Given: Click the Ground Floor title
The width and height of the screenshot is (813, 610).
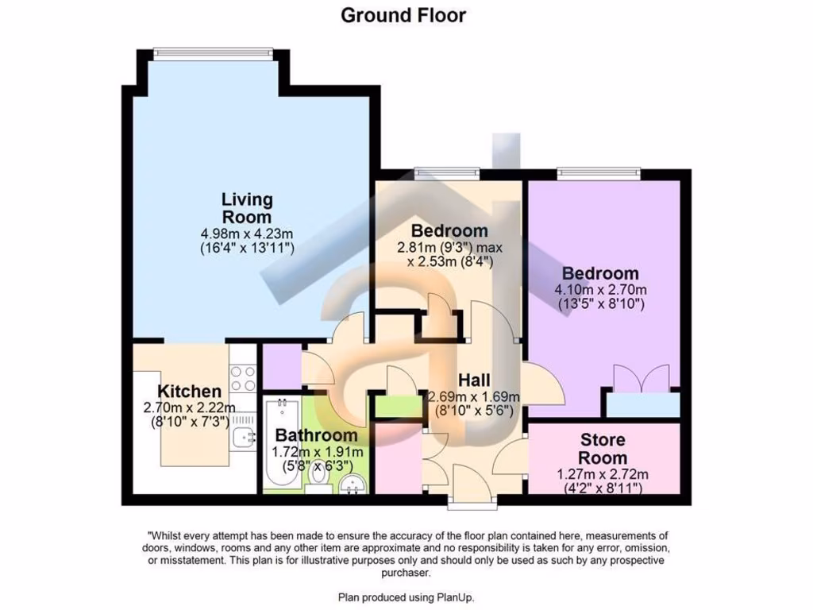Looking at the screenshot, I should click(x=403, y=15).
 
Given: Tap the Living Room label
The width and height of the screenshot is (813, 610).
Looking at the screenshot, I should click(x=246, y=208).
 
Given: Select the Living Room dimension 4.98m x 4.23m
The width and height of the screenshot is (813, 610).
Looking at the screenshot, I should click(x=247, y=234).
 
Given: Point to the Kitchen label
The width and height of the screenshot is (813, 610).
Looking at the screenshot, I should click(x=189, y=392).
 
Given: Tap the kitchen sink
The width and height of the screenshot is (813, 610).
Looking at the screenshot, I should click(x=243, y=435).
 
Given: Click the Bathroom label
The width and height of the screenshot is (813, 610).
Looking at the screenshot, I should click(x=316, y=435).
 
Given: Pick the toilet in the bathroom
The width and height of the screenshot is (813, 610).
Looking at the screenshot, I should click(x=319, y=485).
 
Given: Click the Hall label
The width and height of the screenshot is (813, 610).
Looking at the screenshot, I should click(x=474, y=380).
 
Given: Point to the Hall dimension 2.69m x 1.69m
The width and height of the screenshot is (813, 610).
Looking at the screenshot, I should click(x=474, y=397).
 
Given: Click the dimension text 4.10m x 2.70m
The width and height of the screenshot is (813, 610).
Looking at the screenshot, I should click(x=600, y=289).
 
